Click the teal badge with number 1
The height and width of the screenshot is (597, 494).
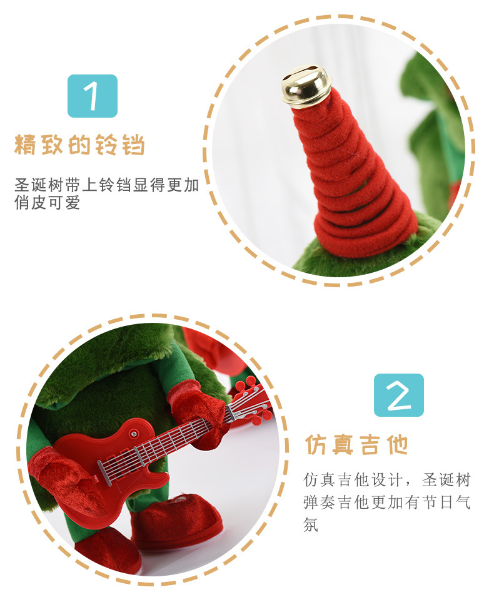93,96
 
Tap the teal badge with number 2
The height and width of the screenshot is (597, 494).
398,395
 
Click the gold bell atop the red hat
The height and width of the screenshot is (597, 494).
306,85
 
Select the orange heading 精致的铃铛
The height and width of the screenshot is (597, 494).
79,146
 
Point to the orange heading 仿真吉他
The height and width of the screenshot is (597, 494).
356,444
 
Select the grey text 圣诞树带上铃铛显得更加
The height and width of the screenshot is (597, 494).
106,185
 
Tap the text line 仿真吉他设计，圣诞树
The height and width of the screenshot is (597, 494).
387,481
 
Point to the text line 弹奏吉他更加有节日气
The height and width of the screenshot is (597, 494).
387,503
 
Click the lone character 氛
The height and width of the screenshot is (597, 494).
311,524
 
